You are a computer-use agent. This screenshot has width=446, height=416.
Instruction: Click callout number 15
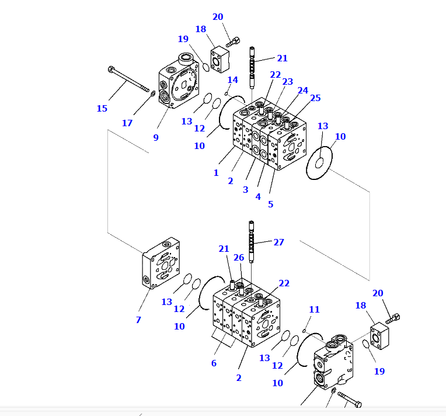coord(102,108)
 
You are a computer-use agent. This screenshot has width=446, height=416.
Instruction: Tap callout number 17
coord(127,123)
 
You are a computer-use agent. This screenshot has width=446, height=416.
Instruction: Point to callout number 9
coord(156,137)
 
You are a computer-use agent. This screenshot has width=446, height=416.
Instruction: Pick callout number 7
coord(138,320)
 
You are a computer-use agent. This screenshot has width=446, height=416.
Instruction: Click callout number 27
coord(279,242)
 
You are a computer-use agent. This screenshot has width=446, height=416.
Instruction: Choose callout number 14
coord(232,80)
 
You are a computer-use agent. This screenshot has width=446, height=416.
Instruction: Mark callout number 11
coord(315,309)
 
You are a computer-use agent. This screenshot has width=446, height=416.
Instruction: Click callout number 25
coord(315,98)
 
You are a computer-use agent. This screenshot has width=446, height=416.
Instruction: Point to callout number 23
coord(288,82)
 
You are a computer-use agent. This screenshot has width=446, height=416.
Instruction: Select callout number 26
coord(239,258)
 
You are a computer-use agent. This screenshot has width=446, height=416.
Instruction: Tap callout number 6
coord(214,363)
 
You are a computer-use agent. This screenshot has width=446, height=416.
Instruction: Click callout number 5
coord(270,204)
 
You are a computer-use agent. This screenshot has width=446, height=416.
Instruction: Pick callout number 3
coord(245,190)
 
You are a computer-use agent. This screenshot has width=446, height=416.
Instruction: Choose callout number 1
coord(216,173)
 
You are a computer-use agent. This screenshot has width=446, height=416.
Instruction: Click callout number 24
coord(302,91)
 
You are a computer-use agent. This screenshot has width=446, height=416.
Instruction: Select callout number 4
coord(258,197)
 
